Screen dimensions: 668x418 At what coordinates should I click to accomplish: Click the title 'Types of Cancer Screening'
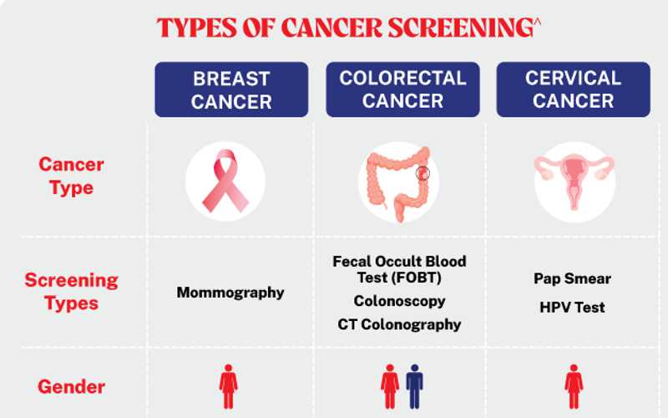(x=348, y=28)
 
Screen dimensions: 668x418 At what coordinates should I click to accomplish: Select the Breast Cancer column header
(x=231, y=89)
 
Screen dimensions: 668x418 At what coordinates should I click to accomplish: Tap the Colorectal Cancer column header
(x=402, y=89)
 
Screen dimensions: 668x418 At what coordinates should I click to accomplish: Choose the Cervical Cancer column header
(x=573, y=89)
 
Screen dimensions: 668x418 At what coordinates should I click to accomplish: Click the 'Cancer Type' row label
(x=71, y=176)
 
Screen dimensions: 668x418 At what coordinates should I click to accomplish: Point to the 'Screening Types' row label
(x=71, y=291)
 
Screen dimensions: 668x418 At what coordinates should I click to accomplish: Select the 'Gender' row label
(x=71, y=387)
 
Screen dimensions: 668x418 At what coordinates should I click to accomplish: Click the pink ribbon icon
(x=225, y=181)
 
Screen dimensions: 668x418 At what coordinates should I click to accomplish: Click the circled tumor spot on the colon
(x=423, y=173)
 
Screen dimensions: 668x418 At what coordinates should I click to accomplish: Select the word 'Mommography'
(x=230, y=293)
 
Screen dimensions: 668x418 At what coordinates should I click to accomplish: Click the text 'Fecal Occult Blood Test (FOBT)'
(x=399, y=269)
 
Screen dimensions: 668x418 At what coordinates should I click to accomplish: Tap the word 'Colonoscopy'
(x=399, y=301)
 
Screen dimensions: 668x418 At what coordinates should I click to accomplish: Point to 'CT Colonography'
(x=399, y=324)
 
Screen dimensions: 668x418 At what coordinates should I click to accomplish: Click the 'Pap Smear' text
(x=572, y=278)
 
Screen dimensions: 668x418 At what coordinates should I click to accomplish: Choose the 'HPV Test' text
(x=572, y=307)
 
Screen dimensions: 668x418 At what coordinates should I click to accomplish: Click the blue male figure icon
(x=414, y=386)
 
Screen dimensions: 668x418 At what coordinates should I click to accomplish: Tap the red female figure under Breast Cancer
(x=228, y=386)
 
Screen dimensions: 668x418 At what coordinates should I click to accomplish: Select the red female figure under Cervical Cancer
(x=574, y=386)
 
